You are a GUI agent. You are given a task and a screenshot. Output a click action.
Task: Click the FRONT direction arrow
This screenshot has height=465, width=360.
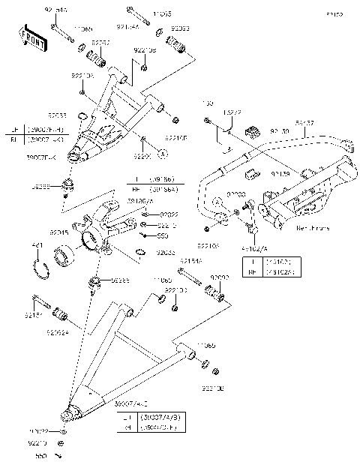(33, 39)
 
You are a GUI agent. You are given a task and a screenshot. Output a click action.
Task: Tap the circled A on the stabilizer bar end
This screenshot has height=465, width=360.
(216, 203)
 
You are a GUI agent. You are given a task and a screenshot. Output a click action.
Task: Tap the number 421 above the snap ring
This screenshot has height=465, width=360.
(36, 246)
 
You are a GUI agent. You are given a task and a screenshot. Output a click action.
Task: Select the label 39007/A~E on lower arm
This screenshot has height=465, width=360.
(132, 405)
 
